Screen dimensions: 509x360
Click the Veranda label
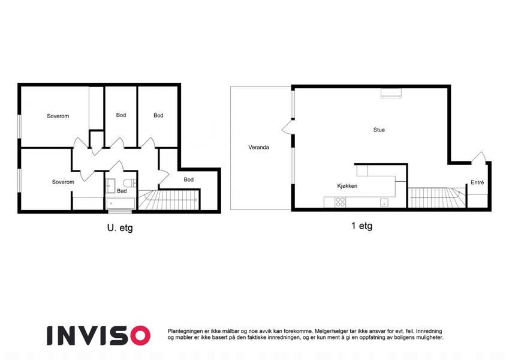(258, 147)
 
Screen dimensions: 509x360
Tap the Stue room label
(379, 130)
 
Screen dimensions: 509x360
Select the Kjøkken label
(347, 186)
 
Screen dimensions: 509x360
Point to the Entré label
(477, 182)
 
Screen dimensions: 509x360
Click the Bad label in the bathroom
(122, 191)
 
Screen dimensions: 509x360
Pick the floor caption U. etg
(120, 228)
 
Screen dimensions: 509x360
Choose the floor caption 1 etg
(362, 226)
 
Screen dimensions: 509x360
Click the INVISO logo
(98, 335)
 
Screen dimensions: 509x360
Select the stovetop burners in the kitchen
(340, 202)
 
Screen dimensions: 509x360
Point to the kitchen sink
(384, 202)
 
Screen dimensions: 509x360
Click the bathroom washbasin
(111, 185)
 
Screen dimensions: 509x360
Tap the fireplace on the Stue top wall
(391, 93)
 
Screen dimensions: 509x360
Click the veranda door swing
(287, 127)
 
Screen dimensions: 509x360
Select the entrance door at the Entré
(478, 158)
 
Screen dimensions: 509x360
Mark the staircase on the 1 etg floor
(436, 197)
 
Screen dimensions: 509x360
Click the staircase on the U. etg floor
(168, 200)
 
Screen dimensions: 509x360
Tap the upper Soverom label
(58, 116)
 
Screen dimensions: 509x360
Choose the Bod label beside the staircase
(189, 179)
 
